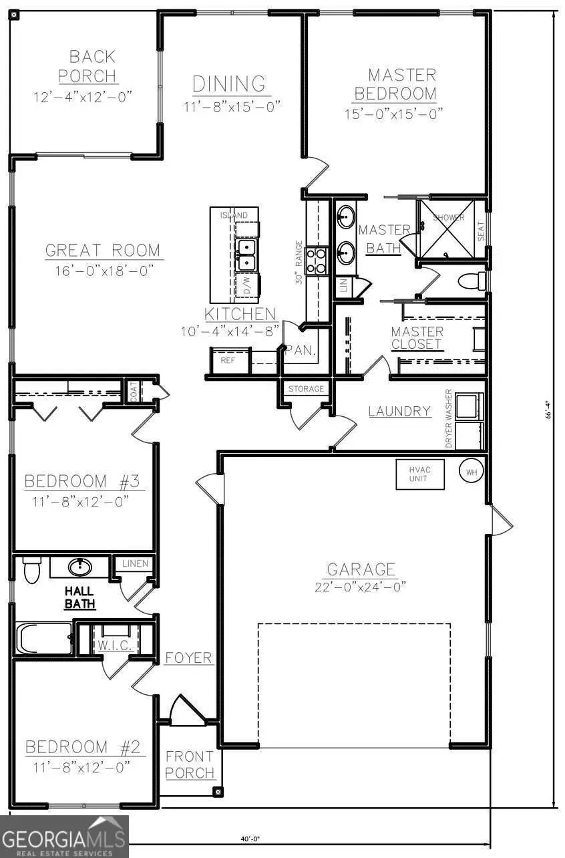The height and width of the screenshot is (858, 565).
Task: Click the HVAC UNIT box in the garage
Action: tap(420, 474)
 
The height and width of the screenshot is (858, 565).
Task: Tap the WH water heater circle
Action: tap(471, 472)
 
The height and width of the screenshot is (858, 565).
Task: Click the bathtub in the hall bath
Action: tap(44, 639)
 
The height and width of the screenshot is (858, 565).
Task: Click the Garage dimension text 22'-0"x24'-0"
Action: tap(361, 587)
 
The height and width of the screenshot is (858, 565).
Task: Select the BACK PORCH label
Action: tap(83, 66)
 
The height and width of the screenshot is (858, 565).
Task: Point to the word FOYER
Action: tap(188, 658)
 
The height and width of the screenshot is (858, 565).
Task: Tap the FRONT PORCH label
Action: tap(190, 765)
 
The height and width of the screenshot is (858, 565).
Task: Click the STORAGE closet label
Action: tap(306, 389)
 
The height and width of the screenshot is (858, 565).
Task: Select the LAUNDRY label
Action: tap(399, 411)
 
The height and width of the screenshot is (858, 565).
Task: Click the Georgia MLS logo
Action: tap(64, 836)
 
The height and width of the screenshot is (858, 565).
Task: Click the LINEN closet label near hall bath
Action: tap(135, 564)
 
